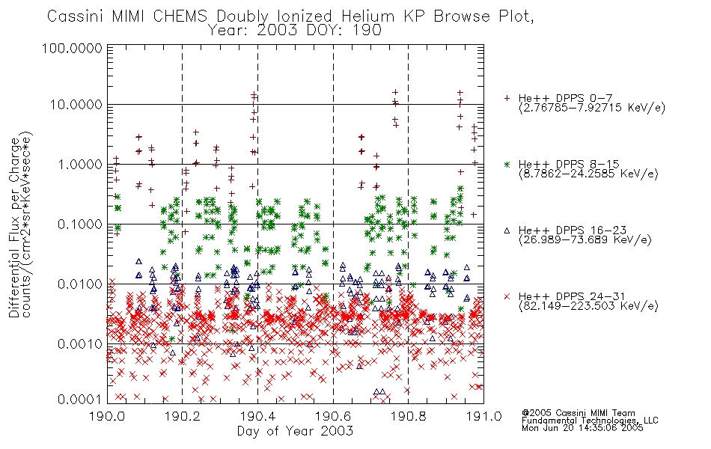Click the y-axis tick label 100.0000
point(72,48)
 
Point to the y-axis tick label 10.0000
point(76,105)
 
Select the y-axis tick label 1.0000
point(80,164)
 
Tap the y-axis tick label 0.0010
point(80,343)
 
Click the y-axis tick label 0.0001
point(80,399)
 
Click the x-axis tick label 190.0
point(108,416)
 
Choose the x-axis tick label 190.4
point(258,416)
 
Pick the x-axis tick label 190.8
point(408,416)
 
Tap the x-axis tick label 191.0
point(483,416)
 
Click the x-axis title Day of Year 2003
point(295,431)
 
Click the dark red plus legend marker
point(507,98)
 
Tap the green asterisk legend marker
point(507,164)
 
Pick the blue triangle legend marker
point(507,230)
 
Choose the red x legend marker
point(507,296)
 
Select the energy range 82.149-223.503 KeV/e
point(588,306)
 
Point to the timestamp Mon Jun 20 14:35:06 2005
point(582,428)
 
